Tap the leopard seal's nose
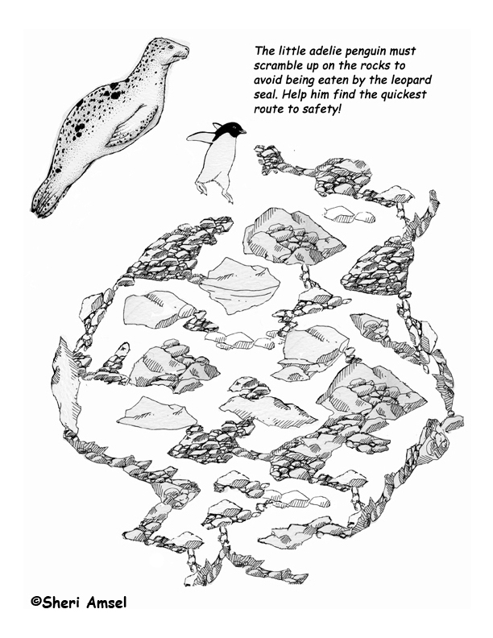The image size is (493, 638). coord(186,50)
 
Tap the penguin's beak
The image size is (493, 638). coord(242,131)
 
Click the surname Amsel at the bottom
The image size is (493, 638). coord(107,602)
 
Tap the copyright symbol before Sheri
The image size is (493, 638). coord(36,603)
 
